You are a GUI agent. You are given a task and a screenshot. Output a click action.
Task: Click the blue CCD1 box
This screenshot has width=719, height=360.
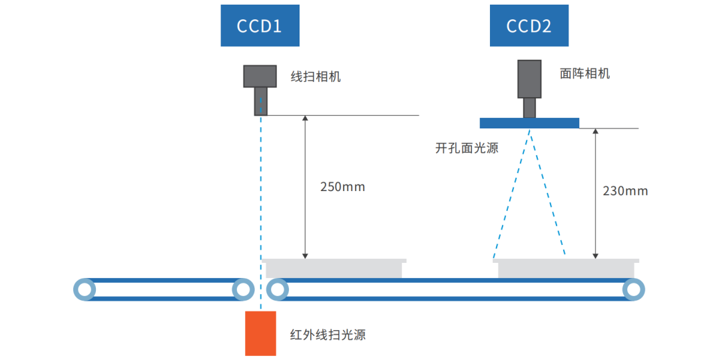(x=260, y=26)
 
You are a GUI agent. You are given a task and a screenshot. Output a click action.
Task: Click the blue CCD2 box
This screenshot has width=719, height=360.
(x=529, y=26)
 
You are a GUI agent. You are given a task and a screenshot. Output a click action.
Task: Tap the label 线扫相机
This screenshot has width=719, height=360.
(x=316, y=77)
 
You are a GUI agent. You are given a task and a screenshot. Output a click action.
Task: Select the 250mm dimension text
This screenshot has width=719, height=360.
(x=342, y=187)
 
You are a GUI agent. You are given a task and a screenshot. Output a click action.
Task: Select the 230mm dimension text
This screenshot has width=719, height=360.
(x=625, y=191)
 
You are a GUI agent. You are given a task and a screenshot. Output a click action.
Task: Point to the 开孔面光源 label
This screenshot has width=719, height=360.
(x=467, y=148)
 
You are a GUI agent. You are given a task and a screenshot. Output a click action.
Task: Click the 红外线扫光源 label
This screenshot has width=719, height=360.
(x=328, y=335)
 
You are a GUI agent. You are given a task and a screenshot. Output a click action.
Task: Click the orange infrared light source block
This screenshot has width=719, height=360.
(x=260, y=333)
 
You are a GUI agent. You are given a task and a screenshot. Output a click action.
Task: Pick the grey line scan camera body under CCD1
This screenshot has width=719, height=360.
(x=260, y=76)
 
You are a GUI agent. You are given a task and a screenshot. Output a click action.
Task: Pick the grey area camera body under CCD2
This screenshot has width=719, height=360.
(x=530, y=79)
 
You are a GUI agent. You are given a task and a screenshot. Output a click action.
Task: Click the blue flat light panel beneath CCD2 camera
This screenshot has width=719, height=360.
(x=529, y=123)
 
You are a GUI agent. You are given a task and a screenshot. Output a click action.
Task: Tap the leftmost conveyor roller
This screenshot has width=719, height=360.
(x=85, y=289)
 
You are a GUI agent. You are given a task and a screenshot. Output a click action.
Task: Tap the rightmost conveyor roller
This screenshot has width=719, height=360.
(x=633, y=289)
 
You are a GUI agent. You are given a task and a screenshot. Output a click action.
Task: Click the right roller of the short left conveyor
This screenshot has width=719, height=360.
(x=242, y=289)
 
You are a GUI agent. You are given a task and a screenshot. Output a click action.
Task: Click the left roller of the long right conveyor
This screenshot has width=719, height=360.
(x=278, y=289)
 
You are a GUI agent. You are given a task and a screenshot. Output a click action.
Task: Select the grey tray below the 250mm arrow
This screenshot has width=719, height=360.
(x=335, y=268)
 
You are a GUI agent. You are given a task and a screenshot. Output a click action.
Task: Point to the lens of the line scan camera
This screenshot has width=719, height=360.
(x=261, y=101)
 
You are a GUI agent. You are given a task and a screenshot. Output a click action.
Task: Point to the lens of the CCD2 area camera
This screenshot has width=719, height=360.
(x=529, y=107)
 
